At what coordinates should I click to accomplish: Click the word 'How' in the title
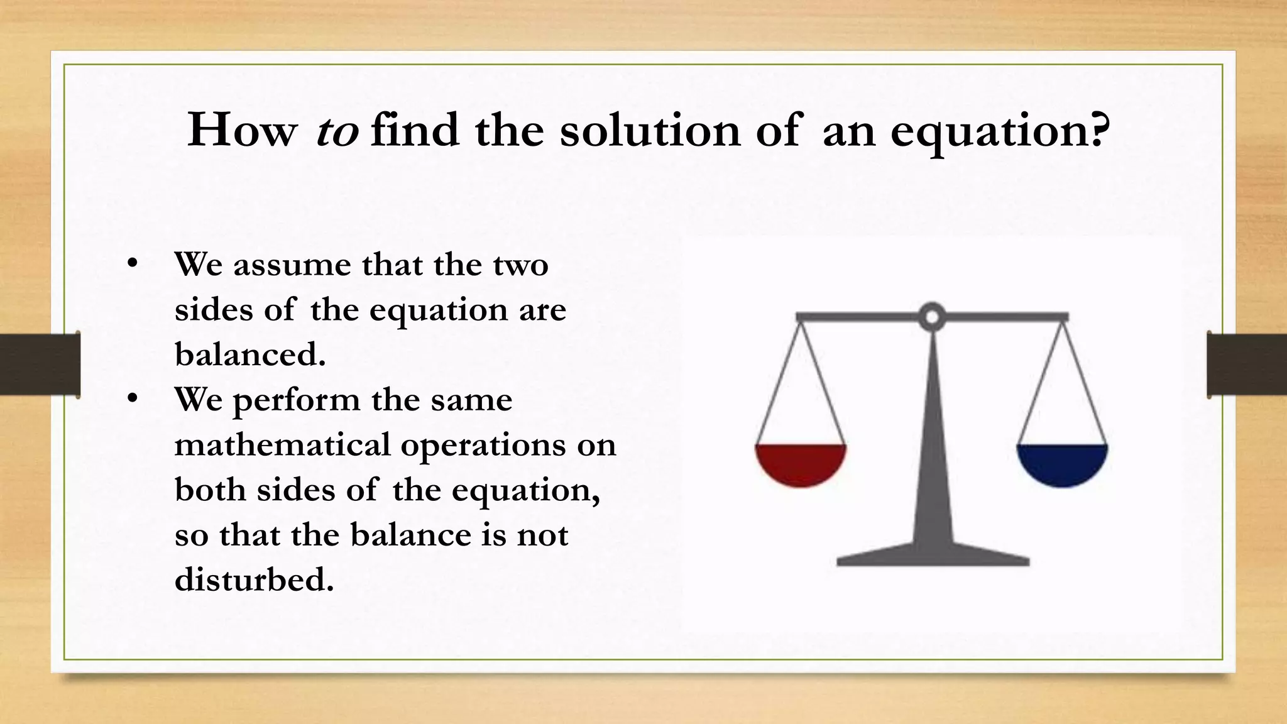pos(241,131)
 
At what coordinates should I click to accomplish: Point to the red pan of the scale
pos(801,463)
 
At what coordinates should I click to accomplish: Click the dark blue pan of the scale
pos(1062,463)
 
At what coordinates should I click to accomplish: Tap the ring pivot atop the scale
pos(932,317)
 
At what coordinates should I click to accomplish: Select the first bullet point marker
pos(131,264)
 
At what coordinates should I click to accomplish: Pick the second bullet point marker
pos(131,399)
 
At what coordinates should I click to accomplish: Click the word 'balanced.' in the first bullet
pos(250,354)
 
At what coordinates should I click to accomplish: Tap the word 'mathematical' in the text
pos(282,445)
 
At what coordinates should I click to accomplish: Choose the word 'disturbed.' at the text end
pos(254,579)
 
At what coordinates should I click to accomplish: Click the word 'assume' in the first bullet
pos(292,265)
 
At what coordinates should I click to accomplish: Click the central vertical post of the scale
pos(933,440)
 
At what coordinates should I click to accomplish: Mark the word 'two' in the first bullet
pos(520,265)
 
